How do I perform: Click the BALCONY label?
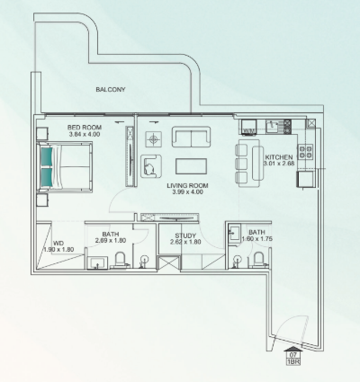[x=111, y=89]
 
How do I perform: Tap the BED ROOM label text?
[x=85, y=128]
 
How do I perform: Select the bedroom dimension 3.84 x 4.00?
[x=85, y=134]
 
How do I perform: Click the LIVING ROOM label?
[x=187, y=185]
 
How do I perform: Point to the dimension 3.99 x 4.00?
[x=187, y=192]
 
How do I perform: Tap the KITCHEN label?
[x=279, y=157]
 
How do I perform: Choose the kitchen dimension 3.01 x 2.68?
[x=279, y=164]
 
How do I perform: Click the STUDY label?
[x=185, y=235]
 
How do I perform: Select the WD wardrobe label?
[x=58, y=243]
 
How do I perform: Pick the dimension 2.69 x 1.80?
[x=111, y=240]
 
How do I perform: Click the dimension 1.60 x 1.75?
[x=257, y=239]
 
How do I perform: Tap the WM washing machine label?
[x=248, y=131]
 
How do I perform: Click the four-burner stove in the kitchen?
[x=305, y=151]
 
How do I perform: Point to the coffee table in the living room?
[x=191, y=166]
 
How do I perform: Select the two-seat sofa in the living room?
[x=191, y=137]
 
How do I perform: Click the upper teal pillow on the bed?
[x=47, y=156]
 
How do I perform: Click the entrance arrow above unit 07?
[x=293, y=349]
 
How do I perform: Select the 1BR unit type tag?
[x=293, y=361]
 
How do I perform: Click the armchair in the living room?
[x=151, y=166]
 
